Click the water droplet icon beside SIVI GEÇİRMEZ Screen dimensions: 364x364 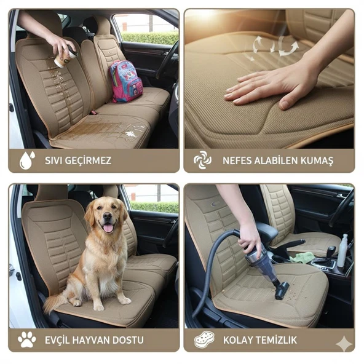[x=27, y=160]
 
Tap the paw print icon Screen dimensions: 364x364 [x=27, y=339]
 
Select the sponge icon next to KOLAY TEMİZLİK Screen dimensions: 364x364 [x=204, y=339]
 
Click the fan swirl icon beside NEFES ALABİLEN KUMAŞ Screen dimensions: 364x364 [x=203, y=160]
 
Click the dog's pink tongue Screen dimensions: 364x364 [x=108, y=228]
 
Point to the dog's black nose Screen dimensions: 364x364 [x=107, y=216]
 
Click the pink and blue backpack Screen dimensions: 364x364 [x=125, y=81]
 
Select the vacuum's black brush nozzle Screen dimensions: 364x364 [x=282, y=290]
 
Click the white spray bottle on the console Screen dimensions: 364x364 [x=343, y=251]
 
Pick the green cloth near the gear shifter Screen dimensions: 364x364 [x=301, y=258]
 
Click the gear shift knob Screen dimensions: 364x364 [x=331, y=250]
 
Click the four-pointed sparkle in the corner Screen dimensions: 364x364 [x=344, y=344]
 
